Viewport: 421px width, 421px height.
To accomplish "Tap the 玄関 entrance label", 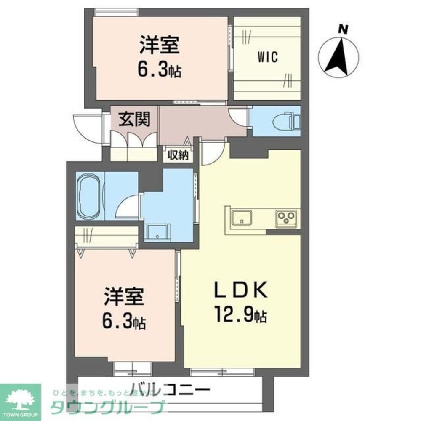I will point(134,120).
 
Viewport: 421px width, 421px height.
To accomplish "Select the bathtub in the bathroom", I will point(90,195).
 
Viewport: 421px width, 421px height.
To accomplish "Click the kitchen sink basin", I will point(242,218).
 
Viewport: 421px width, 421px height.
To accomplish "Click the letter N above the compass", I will point(344,29).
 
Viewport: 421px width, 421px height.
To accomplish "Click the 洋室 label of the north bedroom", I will point(160,45).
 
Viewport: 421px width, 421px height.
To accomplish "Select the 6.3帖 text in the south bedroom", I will point(125,322).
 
